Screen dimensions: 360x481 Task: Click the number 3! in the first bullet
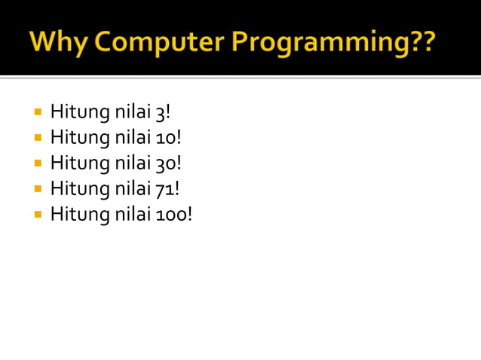pos(163,113)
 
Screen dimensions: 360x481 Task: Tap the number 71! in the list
pos(167,188)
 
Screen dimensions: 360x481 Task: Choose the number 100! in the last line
pos(174,214)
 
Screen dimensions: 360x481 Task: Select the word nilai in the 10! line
pos(132,138)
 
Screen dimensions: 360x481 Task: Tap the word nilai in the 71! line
pos(132,188)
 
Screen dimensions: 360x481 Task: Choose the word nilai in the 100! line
pos(132,214)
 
